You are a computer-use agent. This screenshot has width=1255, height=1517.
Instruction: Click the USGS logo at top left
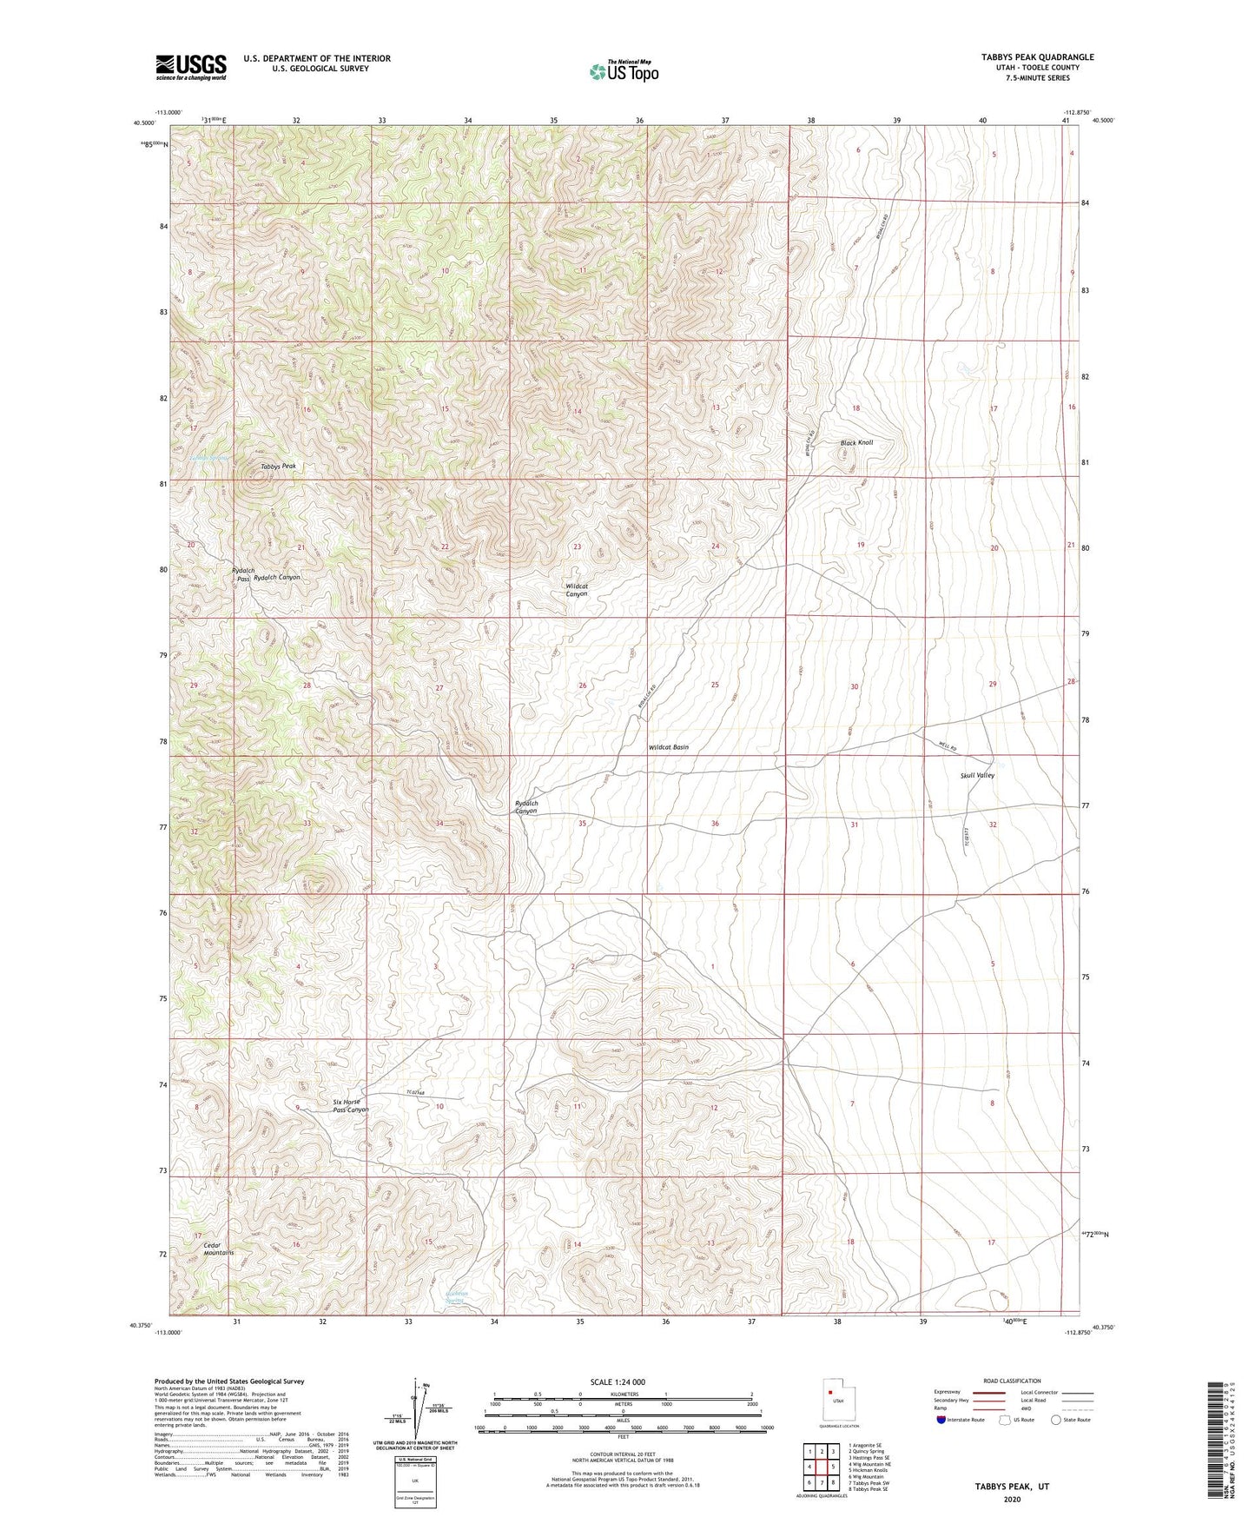[x=190, y=67]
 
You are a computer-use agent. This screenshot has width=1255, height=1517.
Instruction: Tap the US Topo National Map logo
[x=624, y=71]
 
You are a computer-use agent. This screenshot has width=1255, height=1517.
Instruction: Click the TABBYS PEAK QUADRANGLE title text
[x=1037, y=57]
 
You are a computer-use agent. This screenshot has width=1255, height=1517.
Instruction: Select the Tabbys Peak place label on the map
[x=278, y=467]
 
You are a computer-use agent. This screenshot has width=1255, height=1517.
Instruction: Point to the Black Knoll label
[x=856, y=443]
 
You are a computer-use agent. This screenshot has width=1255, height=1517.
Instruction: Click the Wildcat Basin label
[x=668, y=747]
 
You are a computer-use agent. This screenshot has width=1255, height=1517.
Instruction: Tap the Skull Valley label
[x=977, y=775]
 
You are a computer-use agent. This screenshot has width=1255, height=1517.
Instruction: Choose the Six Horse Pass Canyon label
[x=351, y=1106]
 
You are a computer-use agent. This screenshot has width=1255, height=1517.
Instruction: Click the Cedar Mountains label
[x=218, y=1249]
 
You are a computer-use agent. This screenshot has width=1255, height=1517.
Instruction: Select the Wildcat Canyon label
[x=577, y=590]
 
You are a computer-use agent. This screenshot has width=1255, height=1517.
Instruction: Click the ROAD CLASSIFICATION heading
[x=1012, y=1381]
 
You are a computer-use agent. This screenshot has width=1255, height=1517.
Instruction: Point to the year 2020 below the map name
[x=1012, y=1499]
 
